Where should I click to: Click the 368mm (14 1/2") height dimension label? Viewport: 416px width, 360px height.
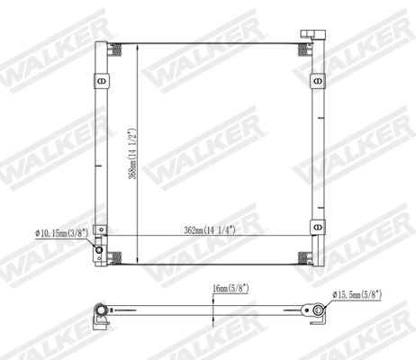click(x=132, y=154)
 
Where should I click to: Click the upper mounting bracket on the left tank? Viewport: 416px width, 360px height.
click(x=99, y=81)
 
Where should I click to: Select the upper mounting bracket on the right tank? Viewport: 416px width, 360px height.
click(x=318, y=81)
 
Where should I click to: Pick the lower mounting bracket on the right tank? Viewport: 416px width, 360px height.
click(x=318, y=226)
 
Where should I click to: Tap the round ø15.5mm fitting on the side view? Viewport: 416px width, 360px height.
click(x=316, y=316)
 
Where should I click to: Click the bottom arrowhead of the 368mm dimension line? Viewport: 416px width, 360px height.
click(x=137, y=262)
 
